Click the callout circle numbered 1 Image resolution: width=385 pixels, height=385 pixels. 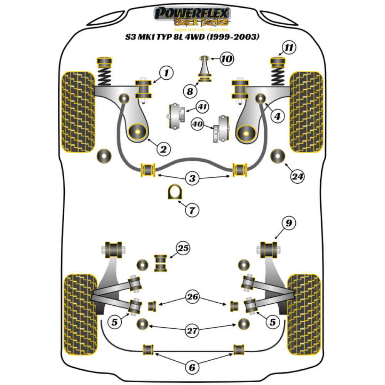click(166, 72)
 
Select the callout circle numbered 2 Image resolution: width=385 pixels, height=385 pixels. click(163, 149)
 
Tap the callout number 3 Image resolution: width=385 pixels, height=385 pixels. click(192, 178)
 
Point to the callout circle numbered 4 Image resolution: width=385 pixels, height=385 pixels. click(277, 115)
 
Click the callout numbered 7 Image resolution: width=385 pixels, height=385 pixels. click(192, 210)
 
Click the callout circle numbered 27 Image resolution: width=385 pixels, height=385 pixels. click(192, 330)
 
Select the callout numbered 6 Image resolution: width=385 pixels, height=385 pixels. click(191, 367)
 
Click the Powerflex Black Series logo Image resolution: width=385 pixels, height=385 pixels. click(192, 17)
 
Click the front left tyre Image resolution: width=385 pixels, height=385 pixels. click(78, 111)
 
